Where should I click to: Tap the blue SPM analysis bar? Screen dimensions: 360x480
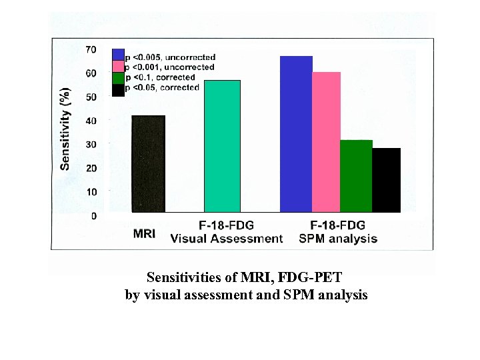pyautogui.click(x=296, y=134)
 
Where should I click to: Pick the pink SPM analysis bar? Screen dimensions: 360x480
pyautogui.click(x=326, y=142)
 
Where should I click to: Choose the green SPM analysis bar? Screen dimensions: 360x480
pyautogui.click(x=356, y=176)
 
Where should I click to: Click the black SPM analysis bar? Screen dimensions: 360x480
pyautogui.click(x=387, y=180)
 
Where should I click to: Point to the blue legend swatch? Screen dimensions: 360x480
pyautogui.click(x=118, y=55)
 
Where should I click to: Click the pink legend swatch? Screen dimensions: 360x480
pyautogui.click(x=118, y=67)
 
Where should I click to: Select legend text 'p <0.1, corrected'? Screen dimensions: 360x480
pyautogui.click(x=162, y=77)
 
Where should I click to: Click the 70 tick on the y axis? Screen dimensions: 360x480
pyautogui.click(x=90, y=50)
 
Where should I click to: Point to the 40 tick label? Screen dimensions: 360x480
pyautogui.click(x=90, y=121)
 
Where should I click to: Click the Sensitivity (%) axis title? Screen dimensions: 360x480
pyautogui.click(x=65, y=128)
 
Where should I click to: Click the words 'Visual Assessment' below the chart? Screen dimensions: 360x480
pyautogui.click(x=227, y=239)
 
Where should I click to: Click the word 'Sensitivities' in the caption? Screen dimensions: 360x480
pyautogui.click(x=185, y=276)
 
